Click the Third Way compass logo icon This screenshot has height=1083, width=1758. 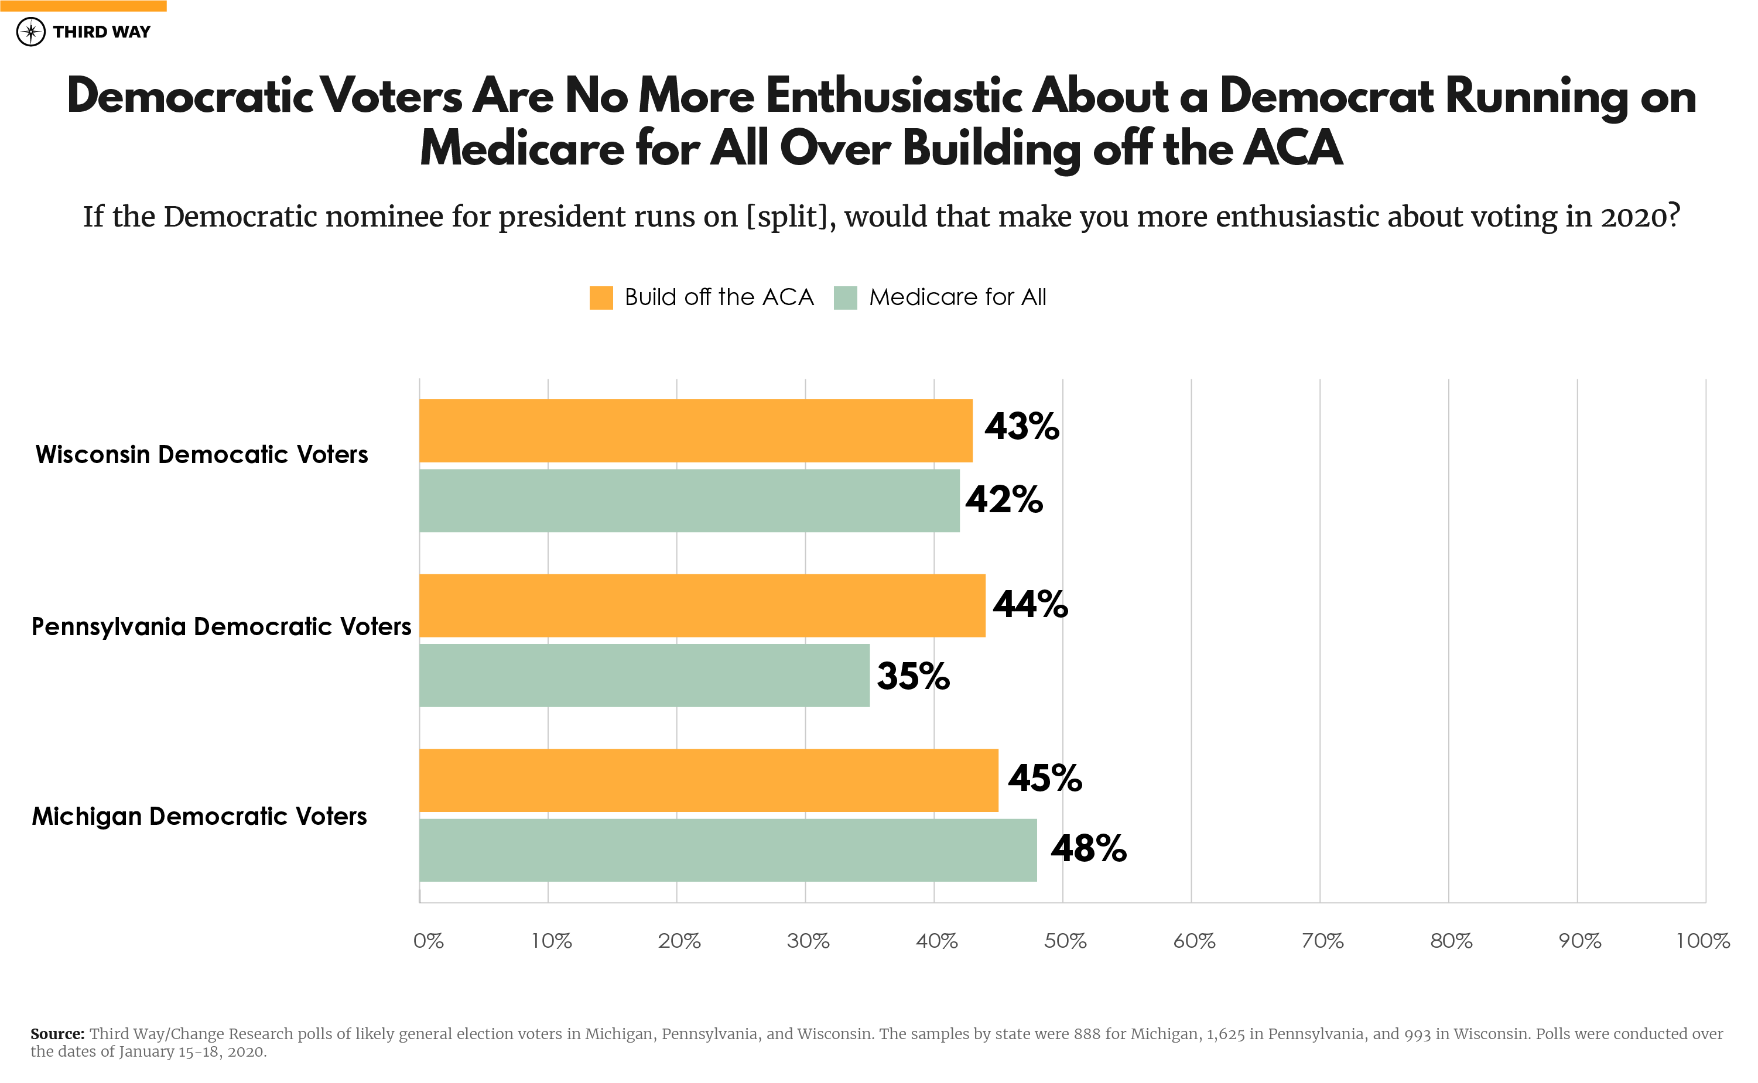(31, 32)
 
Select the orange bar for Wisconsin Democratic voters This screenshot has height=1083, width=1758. (695, 430)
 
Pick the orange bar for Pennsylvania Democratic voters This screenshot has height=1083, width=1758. (702, 605)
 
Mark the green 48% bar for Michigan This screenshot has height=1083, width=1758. (727, 850)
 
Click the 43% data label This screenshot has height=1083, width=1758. (1021, 427)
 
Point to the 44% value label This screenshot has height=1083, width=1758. (1030, 604)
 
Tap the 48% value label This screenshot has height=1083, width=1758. (1087, 849)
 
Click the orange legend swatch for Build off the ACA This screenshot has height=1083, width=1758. (600, 297)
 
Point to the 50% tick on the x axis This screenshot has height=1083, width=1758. (1065, 941)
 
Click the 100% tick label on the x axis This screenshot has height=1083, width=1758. (1702, 941)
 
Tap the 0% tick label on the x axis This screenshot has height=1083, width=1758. (429, 941)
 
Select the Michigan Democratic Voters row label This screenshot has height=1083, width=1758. (199, 816)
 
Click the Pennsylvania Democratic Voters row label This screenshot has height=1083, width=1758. (221, 627)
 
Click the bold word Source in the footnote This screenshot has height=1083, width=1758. (57, 1034)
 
